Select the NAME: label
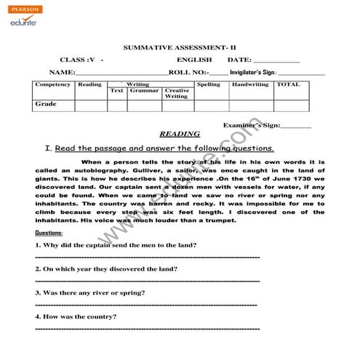[62, 73]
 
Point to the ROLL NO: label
[188, 73]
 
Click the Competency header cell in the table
[53, 84]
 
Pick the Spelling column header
[209, 84]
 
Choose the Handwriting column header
[249, 84]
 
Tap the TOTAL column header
[288, 84]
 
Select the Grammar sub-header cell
[144, 91]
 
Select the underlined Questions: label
[49, 233]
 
